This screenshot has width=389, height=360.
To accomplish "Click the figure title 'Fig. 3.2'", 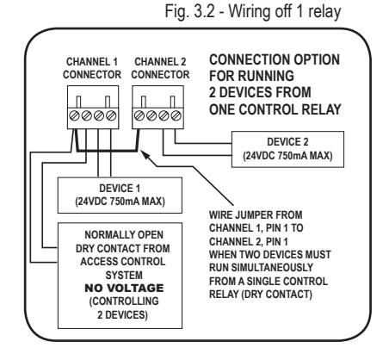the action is click(x=189, y=12).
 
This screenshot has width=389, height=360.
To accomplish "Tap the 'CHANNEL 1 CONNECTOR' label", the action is click(x=92, y=68).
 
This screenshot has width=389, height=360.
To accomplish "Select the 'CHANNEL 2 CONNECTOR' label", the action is click(x=160, y=68).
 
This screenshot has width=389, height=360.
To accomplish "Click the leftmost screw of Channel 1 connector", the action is click(x=74, y=115).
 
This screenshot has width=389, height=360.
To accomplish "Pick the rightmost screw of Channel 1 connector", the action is click(x=111, y=115).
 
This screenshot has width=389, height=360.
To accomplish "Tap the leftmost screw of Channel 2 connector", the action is click(x=139, y=115).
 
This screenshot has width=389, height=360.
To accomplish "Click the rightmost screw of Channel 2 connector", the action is click(x=176, y=115).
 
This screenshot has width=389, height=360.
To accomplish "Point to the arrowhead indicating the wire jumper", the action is click(x=145, y=155).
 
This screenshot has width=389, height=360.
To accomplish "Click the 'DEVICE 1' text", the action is click(x=120, y=189).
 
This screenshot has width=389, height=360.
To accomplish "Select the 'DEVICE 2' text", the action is click(x=287, y=142).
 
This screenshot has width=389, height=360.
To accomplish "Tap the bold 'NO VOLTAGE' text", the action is click(x=124, y=288).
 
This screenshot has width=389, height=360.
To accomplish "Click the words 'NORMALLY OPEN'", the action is click(x=124, y=235).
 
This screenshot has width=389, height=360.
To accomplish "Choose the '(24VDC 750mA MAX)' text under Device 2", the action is click(x=287, y=156).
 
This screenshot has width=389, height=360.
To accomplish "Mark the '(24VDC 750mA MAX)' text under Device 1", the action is click(x=120, y=202).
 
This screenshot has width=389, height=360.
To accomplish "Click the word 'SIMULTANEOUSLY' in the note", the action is click(x=272, y=268).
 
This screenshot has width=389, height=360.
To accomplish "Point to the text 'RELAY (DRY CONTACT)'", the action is click(x=261, y=295).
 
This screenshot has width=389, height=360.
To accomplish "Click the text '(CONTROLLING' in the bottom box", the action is click(x=124, y=301).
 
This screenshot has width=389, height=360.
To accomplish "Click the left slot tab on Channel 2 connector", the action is click(x=144, y=102).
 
